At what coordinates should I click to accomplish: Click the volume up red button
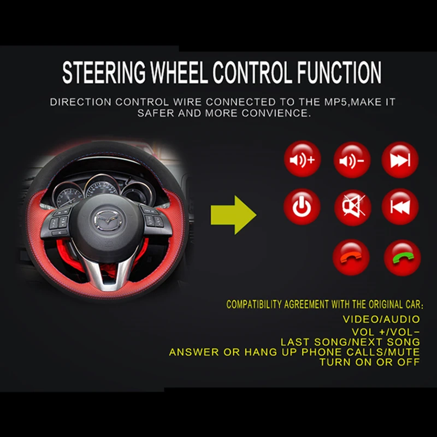point(302,160)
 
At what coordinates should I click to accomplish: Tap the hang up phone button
point(351,257)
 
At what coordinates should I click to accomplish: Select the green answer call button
point(403,257)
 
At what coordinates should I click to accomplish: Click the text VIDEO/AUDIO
point(381,319)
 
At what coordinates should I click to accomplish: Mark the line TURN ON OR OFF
point(370,362)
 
